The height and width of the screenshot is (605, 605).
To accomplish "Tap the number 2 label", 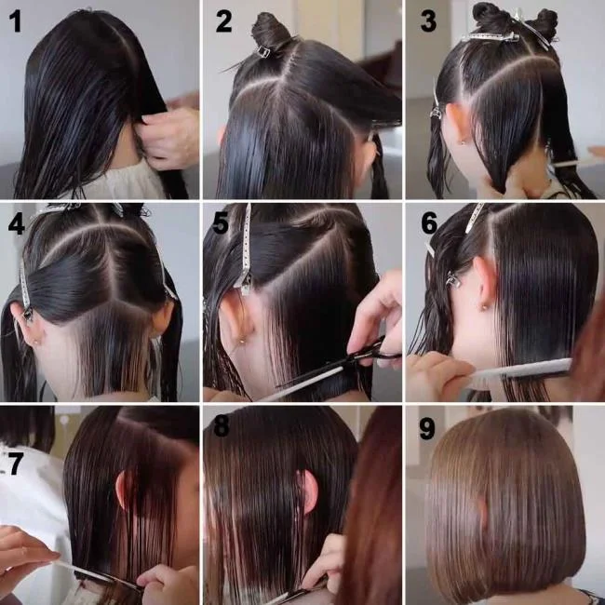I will point(223,20).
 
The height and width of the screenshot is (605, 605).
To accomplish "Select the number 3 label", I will point(427,20).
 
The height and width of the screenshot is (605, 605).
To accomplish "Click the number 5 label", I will point(221,225).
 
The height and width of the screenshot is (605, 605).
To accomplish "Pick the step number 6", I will point(428,225).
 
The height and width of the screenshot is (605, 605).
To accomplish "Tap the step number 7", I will point(15,463).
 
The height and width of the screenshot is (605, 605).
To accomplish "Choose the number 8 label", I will point(221,428).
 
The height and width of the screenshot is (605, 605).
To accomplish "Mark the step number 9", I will point(427,428).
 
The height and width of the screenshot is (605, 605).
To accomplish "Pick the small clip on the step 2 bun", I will point(262,52).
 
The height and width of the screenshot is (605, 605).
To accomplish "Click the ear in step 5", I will point(236,321).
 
